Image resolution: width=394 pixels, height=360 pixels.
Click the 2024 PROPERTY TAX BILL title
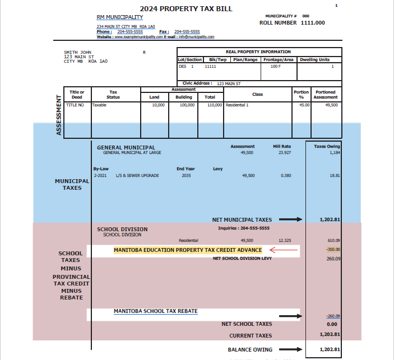click(x=186, y=8)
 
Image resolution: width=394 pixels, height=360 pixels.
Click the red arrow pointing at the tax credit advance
click(x=284, y=250)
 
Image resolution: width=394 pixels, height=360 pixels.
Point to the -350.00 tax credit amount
click(x=333, y=249)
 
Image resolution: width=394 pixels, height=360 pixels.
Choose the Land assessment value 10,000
click(x=158, y=105)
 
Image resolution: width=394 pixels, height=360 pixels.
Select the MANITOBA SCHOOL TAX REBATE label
click(x=155, y=311)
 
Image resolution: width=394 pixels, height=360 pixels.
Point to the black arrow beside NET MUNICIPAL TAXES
click(x=290, y=220)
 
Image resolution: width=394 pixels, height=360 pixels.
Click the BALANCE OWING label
click(x=249, y=349)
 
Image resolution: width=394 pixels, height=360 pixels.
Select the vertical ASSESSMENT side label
click(x=59, y=115)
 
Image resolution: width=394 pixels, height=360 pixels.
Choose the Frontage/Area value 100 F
click(x=275, y=67)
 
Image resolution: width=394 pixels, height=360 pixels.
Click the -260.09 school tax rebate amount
click(x=333, y=316)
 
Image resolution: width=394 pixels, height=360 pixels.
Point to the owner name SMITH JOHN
click(x=78, y=52)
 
